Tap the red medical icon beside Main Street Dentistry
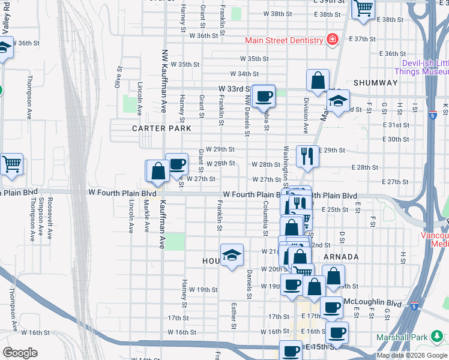click(x=331, y=40)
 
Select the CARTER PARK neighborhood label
click(x=162, y=128)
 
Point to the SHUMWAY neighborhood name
click(x=376, y=83)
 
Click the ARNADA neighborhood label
click(x=341, y=257)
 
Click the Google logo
click(x=20, y=353)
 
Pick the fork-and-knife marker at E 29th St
click(x=307, y=157)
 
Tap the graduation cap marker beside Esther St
click(x=232, y=256)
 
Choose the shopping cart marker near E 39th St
click(x=363, y=9)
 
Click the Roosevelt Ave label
click(x=51, y=218)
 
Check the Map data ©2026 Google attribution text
click(x=411, y=355)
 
